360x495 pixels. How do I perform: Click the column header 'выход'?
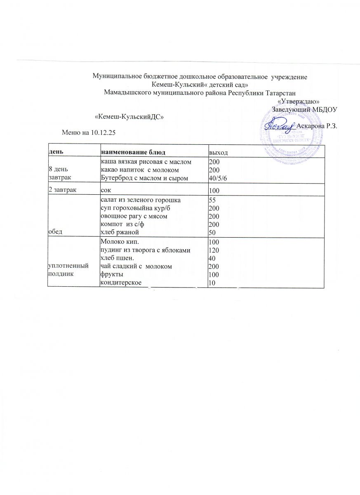(x=219, y=153)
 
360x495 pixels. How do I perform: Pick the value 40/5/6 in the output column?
(x=218, y=178)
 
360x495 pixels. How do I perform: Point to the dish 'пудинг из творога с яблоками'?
(x=145, y=250)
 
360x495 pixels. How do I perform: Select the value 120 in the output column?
(x=214, y=250)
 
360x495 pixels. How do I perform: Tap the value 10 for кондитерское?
(x=212, y=283)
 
